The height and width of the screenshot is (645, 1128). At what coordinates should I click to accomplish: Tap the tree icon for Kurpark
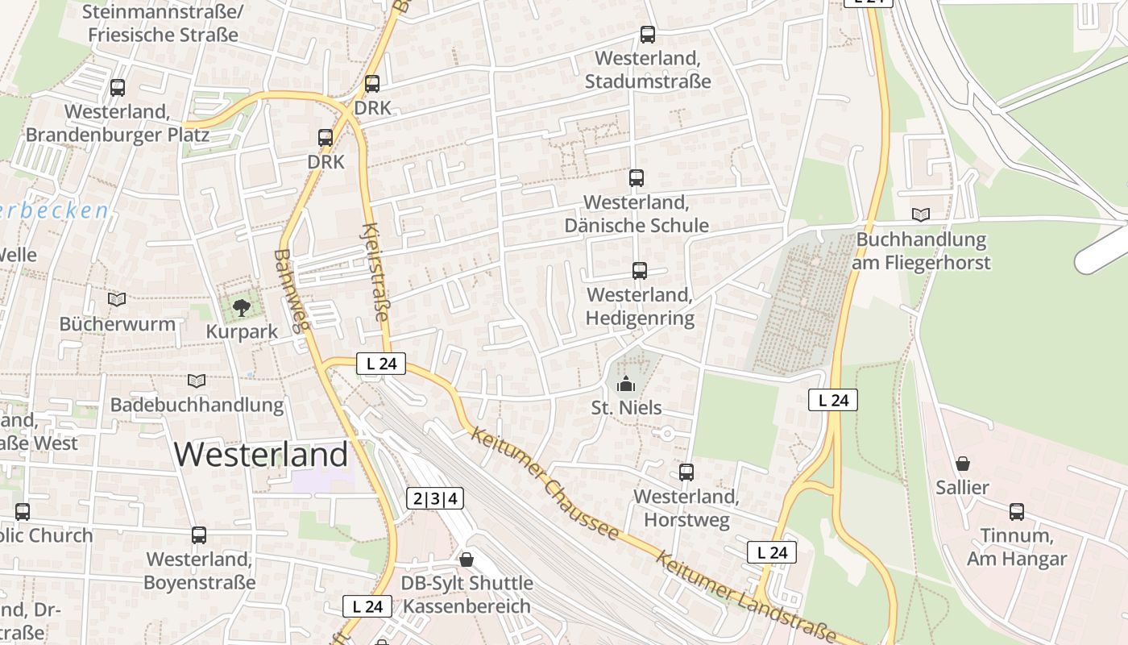click(240, 307)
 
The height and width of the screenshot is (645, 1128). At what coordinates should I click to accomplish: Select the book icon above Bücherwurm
click(117, 300)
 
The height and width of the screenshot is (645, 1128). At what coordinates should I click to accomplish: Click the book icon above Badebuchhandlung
click(196, 381)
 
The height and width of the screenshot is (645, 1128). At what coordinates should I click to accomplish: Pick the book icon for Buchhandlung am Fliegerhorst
click(920, 214)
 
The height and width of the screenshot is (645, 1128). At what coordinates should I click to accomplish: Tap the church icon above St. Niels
click(626, 384)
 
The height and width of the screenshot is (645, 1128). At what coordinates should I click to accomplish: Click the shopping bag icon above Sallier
click(962, 464)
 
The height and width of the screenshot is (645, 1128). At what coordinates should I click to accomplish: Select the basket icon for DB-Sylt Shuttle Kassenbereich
click(467, 559)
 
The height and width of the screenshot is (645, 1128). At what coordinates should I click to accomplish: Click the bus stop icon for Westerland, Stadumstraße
click(647, 35)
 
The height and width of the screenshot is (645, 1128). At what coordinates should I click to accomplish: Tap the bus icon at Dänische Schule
click(637, 178)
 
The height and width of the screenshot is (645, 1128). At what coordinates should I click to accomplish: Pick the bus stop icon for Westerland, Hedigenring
click(640, 271)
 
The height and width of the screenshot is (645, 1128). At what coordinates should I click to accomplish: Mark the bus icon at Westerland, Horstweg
click(686, 472)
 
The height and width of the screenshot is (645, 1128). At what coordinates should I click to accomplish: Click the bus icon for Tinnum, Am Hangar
click(1017, 512)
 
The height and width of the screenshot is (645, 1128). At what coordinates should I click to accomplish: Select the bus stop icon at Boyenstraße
click(199, 535)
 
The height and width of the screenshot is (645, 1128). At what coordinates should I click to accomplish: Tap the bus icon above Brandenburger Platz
click(118, 88)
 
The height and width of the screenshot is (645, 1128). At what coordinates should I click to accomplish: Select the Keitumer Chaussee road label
click(545, 483)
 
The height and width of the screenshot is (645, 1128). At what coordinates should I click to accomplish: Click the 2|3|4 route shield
click(434, 498)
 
